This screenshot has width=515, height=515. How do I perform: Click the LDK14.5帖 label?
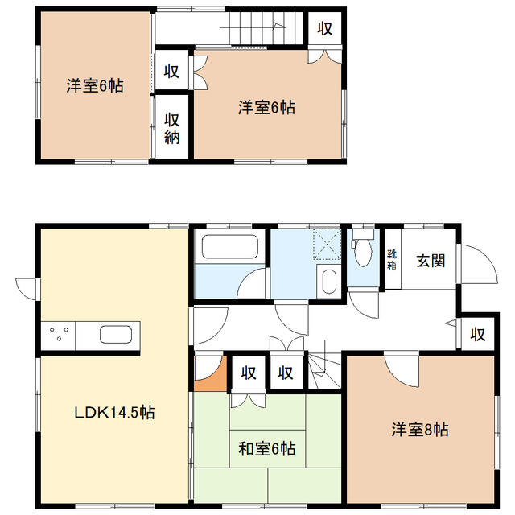point(114,412)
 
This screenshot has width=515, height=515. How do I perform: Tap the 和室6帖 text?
point(266,449)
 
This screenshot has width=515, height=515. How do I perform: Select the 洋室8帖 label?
point(420,429)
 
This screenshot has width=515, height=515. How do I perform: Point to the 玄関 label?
point(431,261)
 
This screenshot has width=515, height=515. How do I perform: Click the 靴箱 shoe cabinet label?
point(392,259)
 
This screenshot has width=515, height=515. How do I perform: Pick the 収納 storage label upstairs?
point(171,129)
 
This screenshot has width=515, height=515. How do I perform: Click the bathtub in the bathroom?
point(230,246)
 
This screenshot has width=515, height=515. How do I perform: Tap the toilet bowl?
point(363,252)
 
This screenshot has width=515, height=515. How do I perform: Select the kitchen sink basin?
point(116,335)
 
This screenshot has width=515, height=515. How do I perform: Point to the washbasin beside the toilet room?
point(329,281)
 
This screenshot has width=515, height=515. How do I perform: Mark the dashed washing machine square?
point(328,245)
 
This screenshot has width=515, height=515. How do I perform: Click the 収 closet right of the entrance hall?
point(477,335)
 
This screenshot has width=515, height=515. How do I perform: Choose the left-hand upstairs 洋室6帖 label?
point(95,86)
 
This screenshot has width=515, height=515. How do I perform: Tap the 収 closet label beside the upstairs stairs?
point(325,29)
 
